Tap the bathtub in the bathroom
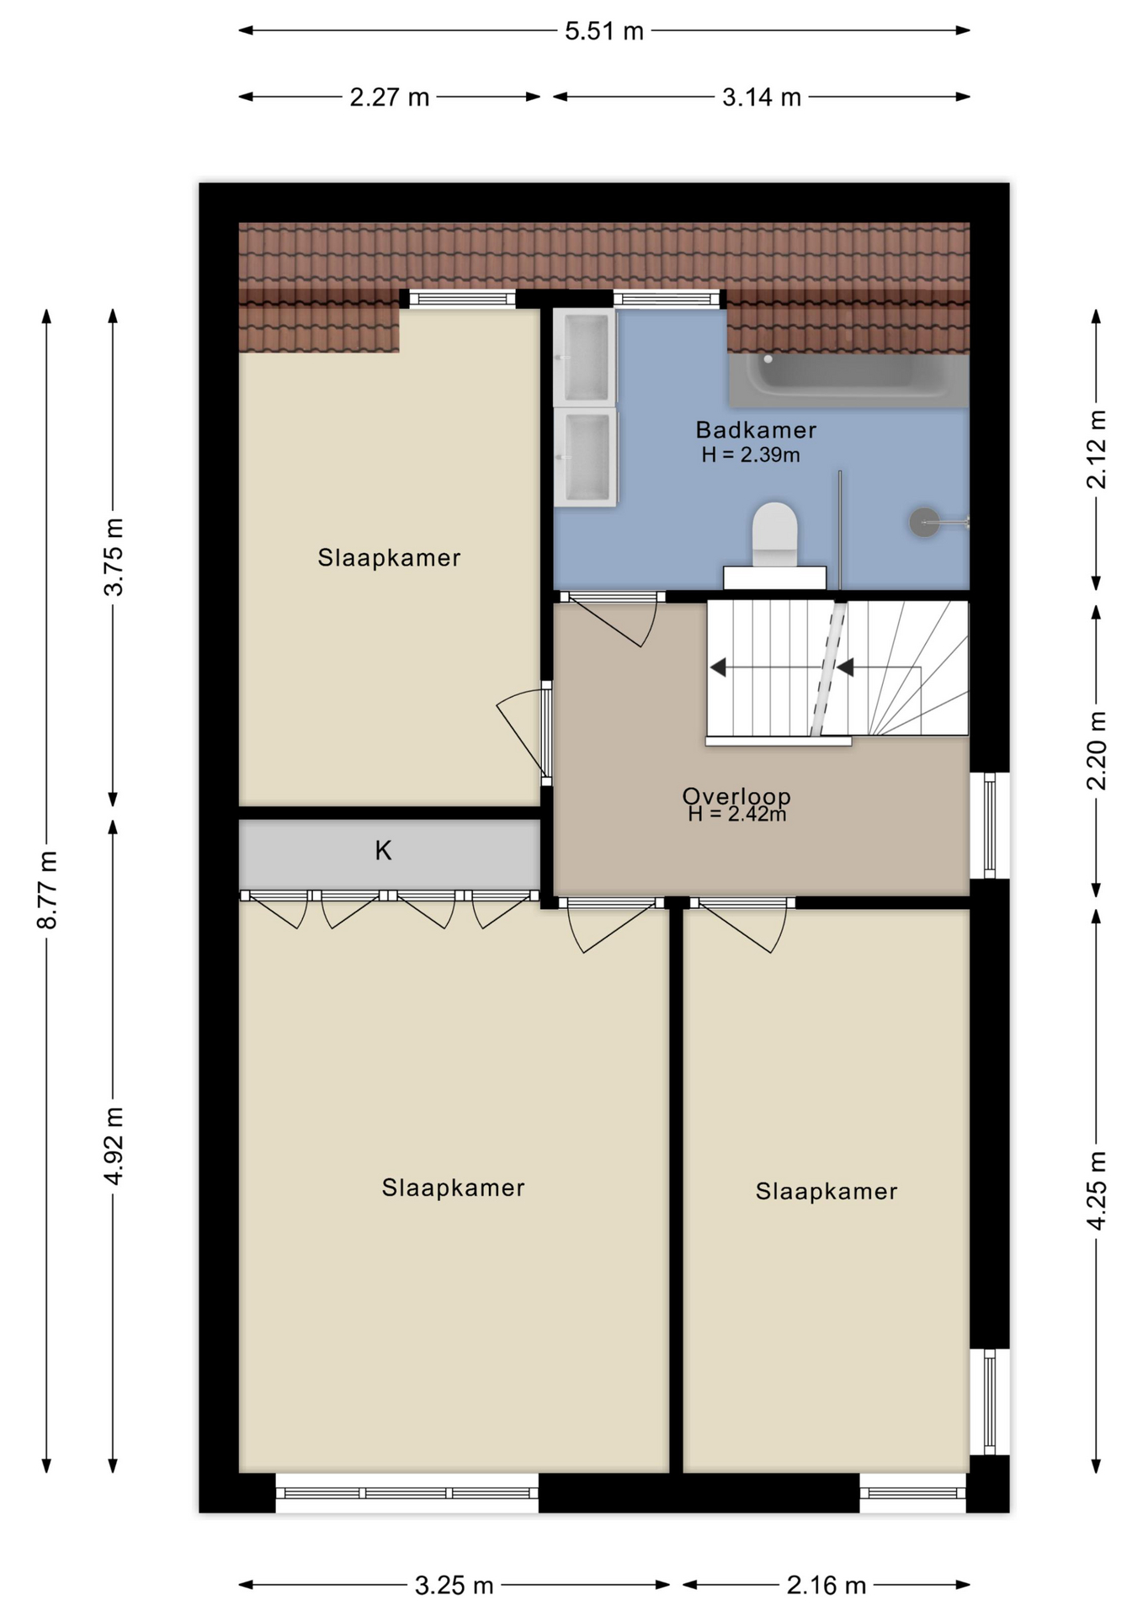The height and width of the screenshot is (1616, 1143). (x=848, y=380)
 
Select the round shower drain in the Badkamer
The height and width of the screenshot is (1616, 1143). (x=924, y=523)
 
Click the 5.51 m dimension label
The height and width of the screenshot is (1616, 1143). (x=603, y=31)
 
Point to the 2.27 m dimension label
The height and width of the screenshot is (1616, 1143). (x=390, y=98)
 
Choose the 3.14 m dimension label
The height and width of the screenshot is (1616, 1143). (x=762, y=98)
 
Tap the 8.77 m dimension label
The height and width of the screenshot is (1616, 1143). (x=47, y=890)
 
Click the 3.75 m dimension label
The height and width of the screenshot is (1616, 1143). (x=113, y=557)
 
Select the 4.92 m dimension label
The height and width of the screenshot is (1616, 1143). (x=113, y=1146)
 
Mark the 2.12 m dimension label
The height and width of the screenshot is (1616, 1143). (x=1096, y=449)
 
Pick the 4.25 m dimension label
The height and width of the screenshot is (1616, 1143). (x=1096, y=1190)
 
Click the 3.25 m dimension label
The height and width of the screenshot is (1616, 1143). (x=454, y=1586)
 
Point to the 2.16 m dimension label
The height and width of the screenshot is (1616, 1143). (x=827, y=1586)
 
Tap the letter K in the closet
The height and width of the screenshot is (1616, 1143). (x=383, y=851)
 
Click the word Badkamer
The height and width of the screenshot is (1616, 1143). (x=756, y=430)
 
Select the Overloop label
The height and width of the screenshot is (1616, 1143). (x=736, y=795)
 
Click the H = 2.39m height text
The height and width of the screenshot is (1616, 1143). (x=751, y=455)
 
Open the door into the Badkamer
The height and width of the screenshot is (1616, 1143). (x=613, y=621)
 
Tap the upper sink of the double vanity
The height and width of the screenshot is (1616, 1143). (x=585, y=357)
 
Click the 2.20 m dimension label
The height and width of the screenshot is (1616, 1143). (x=1096, y=751)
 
